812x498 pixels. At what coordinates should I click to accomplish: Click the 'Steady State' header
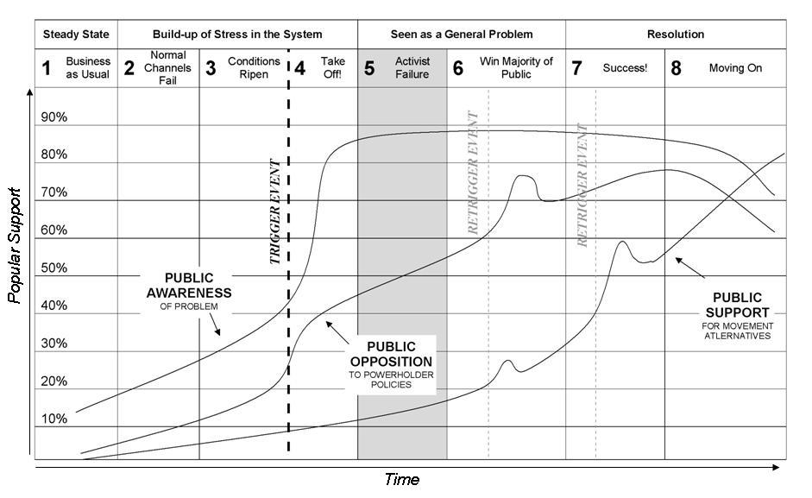(77, 35)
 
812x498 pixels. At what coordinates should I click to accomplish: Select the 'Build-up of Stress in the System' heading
(237, 35)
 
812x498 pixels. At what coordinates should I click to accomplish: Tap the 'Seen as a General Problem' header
(462, 35)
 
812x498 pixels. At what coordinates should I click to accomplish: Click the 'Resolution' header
(676, 35)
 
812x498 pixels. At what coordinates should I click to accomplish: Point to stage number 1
(47, 68)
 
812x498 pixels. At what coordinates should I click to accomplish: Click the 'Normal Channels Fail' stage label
(167, 68)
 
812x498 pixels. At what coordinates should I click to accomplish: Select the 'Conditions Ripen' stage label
(254, 68)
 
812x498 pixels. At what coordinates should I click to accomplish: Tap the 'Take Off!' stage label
(332, 68)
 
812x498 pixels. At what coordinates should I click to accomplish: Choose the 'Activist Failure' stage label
(412, 68)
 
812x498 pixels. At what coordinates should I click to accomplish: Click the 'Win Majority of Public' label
(516, 68)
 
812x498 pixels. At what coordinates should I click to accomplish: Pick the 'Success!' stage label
(625, 68)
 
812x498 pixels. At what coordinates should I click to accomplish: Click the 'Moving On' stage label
(735, 68)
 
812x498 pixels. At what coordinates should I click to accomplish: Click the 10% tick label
(54, 419)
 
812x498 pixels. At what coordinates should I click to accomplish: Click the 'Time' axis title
(402, 479)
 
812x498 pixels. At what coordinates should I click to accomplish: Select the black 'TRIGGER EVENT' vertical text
(275, 211)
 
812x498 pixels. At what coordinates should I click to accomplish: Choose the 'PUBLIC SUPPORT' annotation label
(737, 305)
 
